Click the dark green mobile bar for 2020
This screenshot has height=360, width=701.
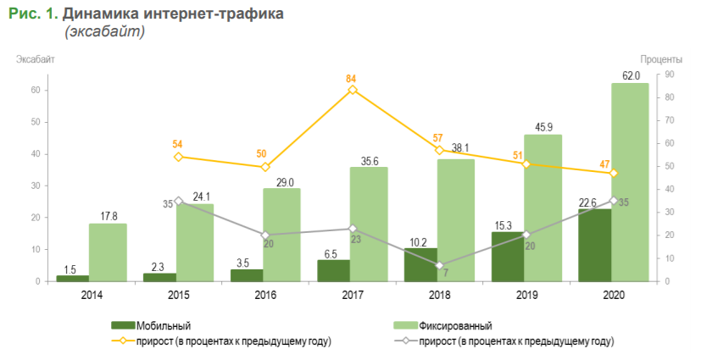594,245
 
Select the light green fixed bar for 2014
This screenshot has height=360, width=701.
108,252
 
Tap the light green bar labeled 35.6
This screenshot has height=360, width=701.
369,224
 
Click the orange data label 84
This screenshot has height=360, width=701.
352,79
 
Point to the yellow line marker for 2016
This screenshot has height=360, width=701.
265,167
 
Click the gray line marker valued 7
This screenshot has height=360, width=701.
439,265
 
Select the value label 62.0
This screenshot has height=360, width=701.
631,75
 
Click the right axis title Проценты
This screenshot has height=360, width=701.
661,58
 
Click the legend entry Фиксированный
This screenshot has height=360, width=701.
455,325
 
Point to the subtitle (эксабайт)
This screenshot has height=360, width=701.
104,31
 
